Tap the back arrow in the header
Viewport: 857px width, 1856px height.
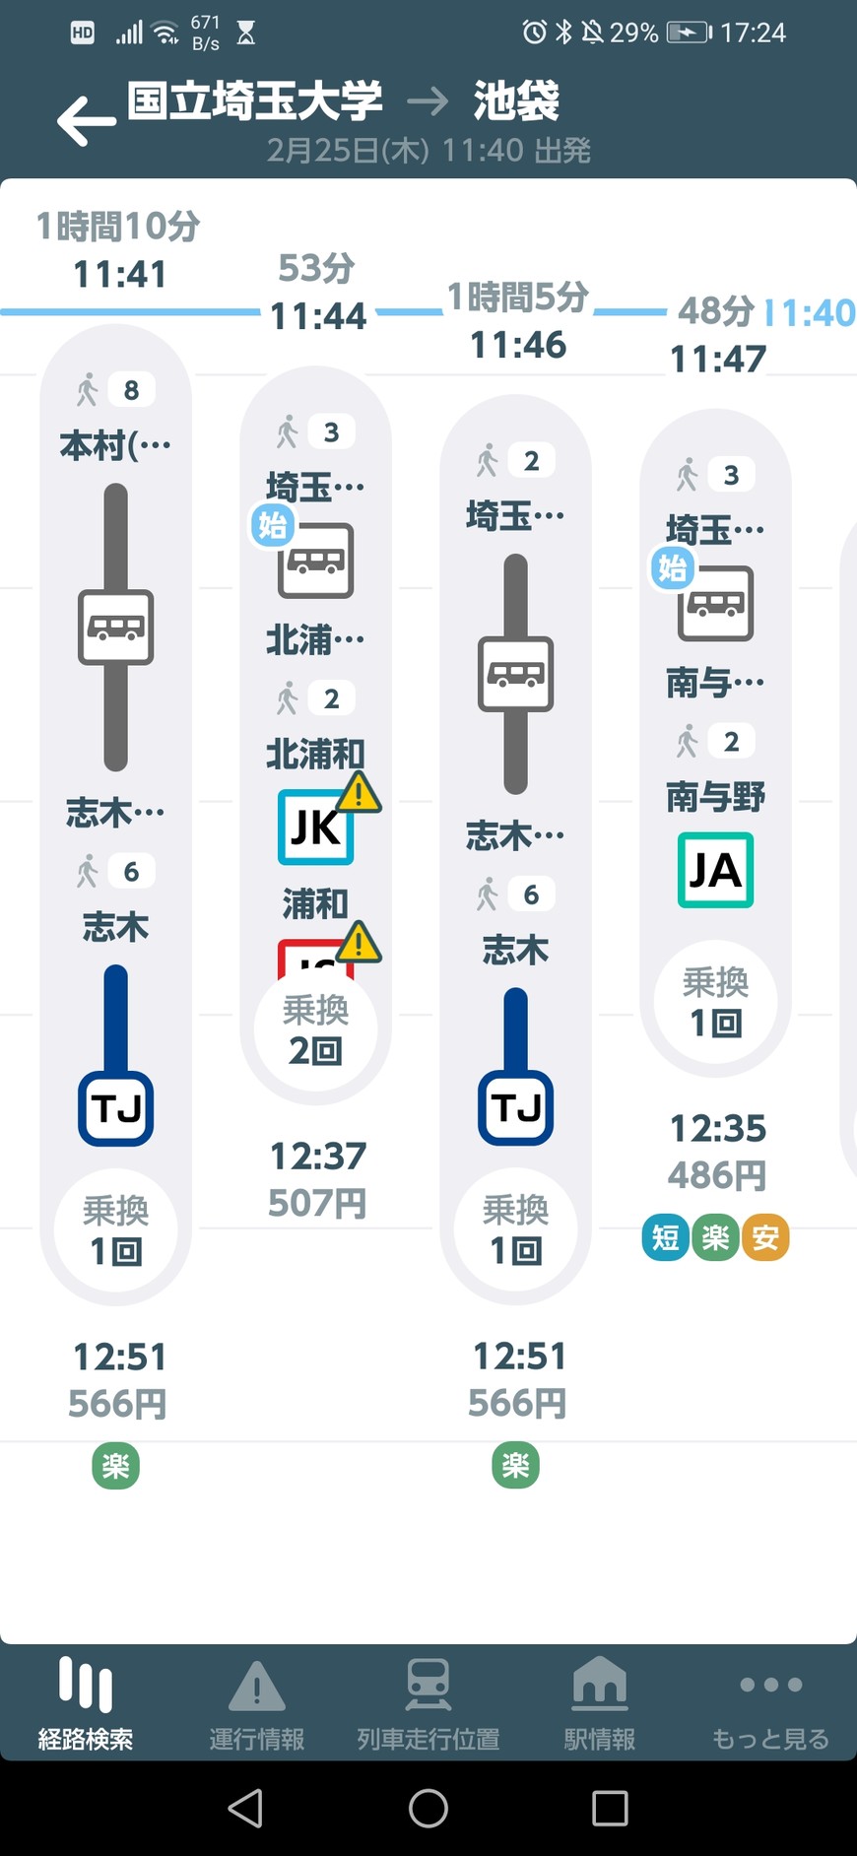click(87, 121)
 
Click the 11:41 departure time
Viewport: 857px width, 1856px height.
click(119, 275)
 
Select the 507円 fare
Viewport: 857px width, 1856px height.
click(317, 1203)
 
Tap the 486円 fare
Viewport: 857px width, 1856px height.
click(716, 1175)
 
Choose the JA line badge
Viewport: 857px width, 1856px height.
click(716, 870)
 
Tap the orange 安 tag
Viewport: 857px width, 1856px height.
click(765, 1237)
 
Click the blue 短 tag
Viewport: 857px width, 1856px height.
click(666, 1237)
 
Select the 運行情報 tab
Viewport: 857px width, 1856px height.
click(256, 1703)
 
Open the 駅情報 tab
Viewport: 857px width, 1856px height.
click(599, 1703)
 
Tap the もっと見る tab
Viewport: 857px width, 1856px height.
click(770, 1703)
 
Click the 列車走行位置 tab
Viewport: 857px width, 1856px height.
click(428, 1703)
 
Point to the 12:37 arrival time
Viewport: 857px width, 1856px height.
click(317, 1156)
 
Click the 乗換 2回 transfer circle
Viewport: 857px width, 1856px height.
click(315, 1029)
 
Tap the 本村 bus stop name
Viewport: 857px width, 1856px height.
click(115, 446)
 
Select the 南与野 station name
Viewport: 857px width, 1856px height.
click(716, 796)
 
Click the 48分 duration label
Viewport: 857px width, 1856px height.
click(715, 311)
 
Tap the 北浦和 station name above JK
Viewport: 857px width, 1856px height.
click(315, 754)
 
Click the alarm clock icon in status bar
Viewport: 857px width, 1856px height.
click(534, 33)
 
